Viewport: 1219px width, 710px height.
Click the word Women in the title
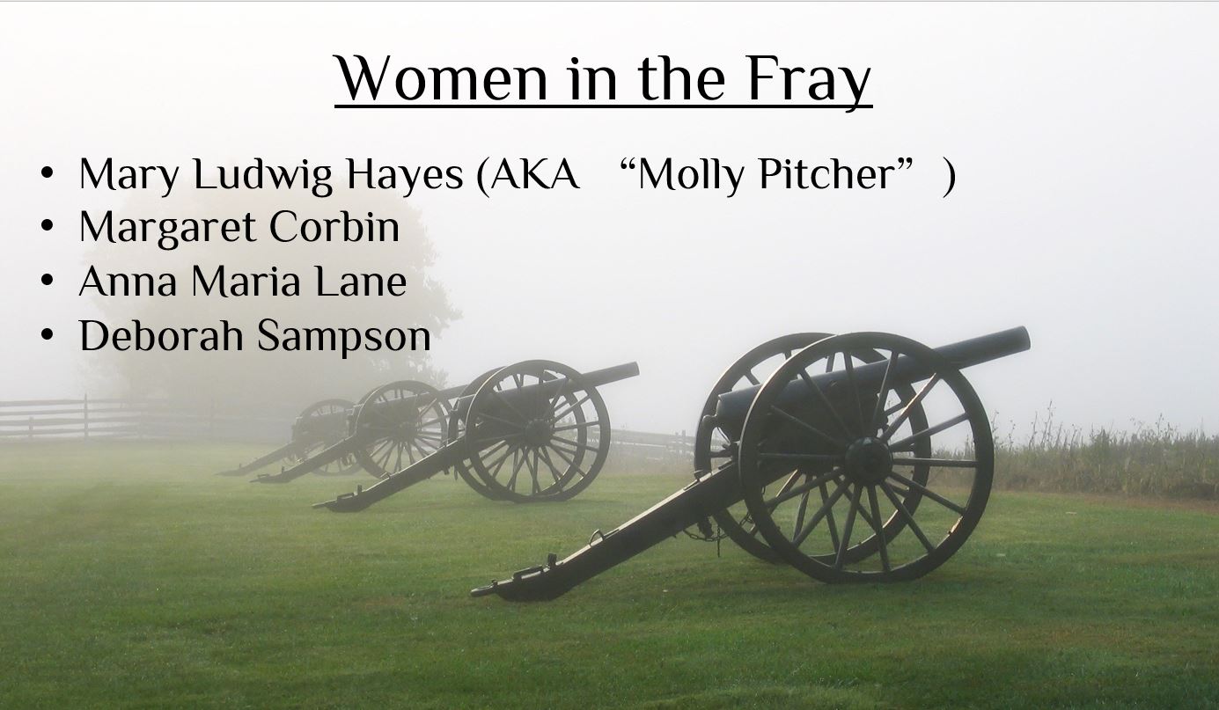(x=442, y=78)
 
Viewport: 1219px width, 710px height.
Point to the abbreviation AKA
(x=535, y=175)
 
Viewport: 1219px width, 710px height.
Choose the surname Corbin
(x=334, y=226)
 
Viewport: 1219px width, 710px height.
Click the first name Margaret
(x=167, y=229)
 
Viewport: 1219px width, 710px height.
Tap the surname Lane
(x=361, y=282)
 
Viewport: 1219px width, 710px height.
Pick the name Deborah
(x=161, y=335)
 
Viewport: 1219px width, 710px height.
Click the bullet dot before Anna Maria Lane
(x=48, y=281)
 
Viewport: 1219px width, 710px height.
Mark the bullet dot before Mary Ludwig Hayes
(x=48, y=173)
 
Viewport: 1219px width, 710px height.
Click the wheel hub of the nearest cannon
(x=868, y=457)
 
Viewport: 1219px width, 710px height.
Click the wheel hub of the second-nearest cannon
(x=538, y=431)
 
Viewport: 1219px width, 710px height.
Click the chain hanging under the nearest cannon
(x=707, y=537)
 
